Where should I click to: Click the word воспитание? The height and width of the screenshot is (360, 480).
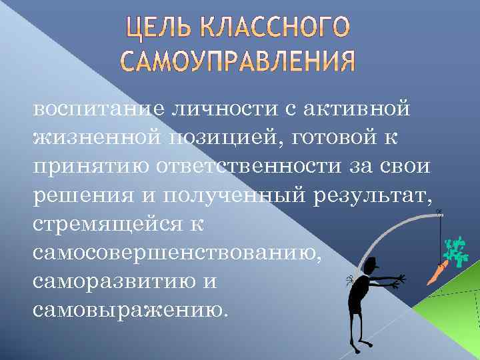click(x=93, y=107)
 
